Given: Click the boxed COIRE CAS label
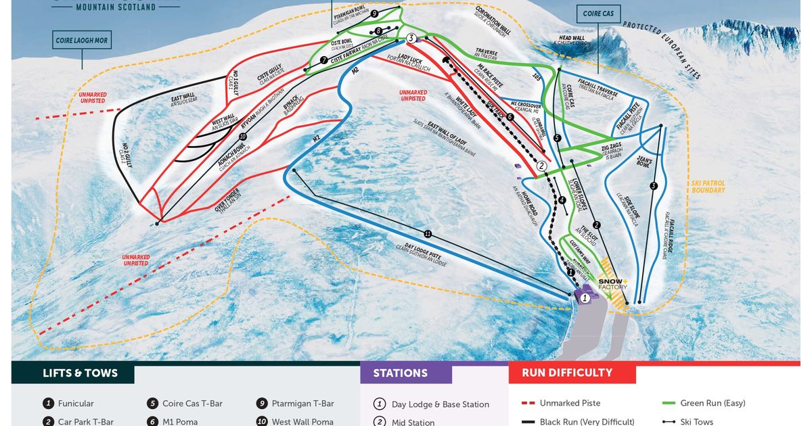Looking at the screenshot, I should pyautogui.click(x=599, y=14).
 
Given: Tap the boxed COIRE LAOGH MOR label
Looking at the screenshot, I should pyautogui.click(x=82, y=41).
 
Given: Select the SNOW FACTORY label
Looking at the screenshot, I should pyautogui.click(x=612, y=283).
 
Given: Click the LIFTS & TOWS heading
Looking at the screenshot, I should pyautogui.click(x=80, y=373).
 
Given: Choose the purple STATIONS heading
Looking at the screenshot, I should pyautogui.click(x=401, y=373).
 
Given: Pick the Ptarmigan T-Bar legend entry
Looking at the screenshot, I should pyautogui.click(x=302, y=404).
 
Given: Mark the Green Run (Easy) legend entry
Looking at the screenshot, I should pyautogui.click(x=713, y=403).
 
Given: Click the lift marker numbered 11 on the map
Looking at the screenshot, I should pyautogui.click(x=428, y=234).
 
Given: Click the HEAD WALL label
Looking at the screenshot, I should pyautogui.click(x=570, y=39).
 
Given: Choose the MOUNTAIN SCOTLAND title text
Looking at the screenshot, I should pyautogui.click(x=115, y=7).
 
